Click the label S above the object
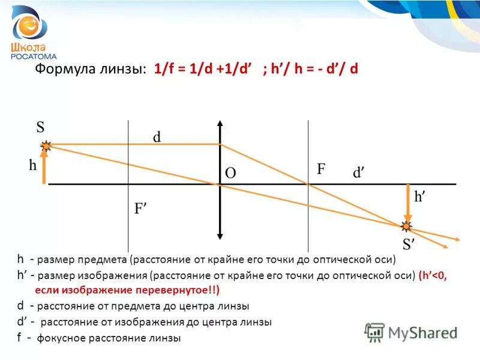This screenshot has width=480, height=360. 40,127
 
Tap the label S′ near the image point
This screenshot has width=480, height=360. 409,244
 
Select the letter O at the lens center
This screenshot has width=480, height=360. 230,173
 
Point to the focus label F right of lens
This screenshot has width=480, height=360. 321,170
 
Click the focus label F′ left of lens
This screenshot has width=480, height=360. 141,209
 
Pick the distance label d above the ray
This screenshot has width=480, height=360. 157,137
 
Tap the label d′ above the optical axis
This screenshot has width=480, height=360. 359,173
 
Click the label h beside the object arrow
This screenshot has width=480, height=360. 32,166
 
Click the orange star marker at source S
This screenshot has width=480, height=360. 46,145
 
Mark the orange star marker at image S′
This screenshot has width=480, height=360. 407,226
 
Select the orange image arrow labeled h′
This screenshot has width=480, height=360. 407,204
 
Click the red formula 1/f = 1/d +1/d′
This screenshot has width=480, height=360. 206,68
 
